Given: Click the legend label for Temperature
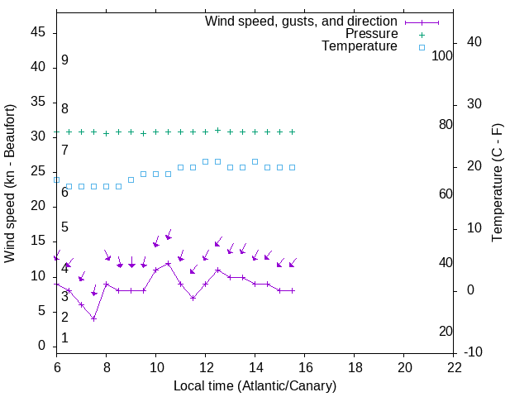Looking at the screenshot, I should tap(360, 46).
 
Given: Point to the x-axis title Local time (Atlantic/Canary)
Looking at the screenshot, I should tap(255, 385).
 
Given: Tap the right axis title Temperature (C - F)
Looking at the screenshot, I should tap(497, 184).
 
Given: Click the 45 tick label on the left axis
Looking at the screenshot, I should tap(38, 32).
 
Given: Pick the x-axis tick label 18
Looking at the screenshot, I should tap(355, 367).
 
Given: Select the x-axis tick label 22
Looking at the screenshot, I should tap(454, 367).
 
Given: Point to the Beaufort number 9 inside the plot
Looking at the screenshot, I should tap(64, 60).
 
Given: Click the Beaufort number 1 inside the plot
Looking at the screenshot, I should tap(64, 338).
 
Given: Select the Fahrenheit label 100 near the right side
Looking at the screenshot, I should tap(442, 55).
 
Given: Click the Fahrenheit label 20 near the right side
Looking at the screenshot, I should tap(446, 332).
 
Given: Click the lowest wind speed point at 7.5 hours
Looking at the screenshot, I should tap(94, 318).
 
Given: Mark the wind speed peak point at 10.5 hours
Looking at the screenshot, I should tap(169, 263).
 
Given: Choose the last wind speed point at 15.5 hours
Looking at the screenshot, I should tap(293, 290).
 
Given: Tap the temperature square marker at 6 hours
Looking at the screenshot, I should tap(57, 179).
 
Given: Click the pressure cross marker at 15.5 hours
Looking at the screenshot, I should tap(293, 132).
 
